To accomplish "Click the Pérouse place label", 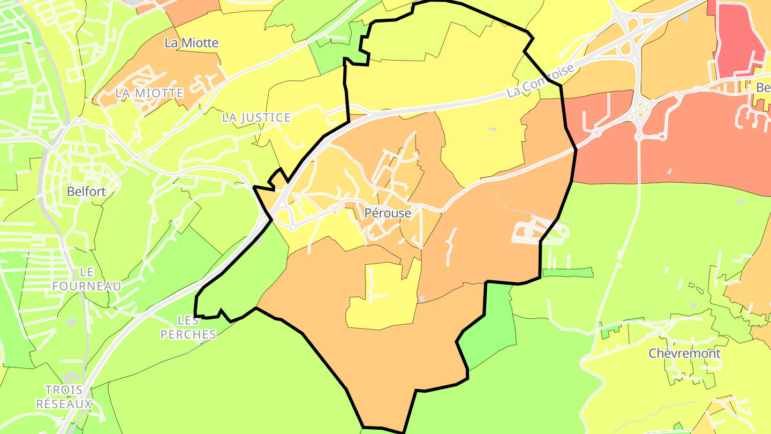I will pos(388,213).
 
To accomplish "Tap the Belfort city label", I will pos(86,191).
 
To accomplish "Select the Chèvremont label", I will pos(684,354).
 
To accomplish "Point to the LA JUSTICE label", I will pos(256,117).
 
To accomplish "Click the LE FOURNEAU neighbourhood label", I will pos(86,279).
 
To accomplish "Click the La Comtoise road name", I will pos(541,81).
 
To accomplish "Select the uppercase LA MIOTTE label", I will pos(149,93).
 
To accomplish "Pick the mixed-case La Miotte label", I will pos(192,43).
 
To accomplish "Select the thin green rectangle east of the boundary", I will pos(568,273).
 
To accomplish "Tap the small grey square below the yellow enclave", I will pos(422,298).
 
